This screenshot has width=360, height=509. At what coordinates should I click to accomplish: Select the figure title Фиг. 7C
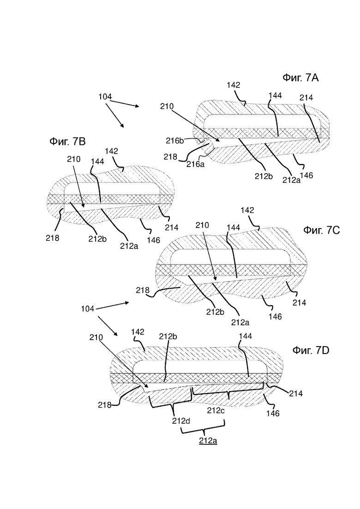322,230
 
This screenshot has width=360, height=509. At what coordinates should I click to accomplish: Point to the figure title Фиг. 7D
311,351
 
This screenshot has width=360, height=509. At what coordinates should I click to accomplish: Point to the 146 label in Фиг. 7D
273,413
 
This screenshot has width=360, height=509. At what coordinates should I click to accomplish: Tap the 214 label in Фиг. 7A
306,97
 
